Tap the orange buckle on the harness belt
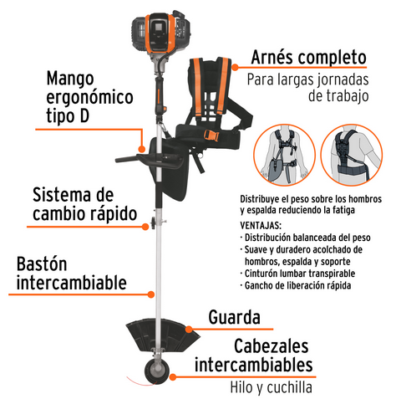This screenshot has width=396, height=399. click(211, 136)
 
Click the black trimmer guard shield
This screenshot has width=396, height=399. click(162, 335)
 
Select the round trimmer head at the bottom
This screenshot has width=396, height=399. click(157, 371)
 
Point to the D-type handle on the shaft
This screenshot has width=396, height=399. click(150, 161)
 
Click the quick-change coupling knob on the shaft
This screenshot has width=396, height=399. click(154, 223)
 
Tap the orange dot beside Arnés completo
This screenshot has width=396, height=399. click(235, 67)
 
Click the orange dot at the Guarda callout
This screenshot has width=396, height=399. click(189, 330)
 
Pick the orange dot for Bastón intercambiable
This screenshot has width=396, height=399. click(150, 294)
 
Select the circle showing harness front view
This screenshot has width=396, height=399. click(284, 155)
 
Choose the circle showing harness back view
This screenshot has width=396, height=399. click(352, 155)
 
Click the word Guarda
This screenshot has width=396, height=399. click(235, 317)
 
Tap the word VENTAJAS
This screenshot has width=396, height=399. click(261, 225)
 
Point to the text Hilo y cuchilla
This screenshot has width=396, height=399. click(271, 387)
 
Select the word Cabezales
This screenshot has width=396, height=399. click(272, 346)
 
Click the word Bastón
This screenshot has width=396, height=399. click(42, 263)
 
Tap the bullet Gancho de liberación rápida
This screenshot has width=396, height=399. click(296, 285)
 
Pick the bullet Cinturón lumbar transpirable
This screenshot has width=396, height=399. click(297, 274)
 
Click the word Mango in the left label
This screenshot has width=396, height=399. click(70, 79)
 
